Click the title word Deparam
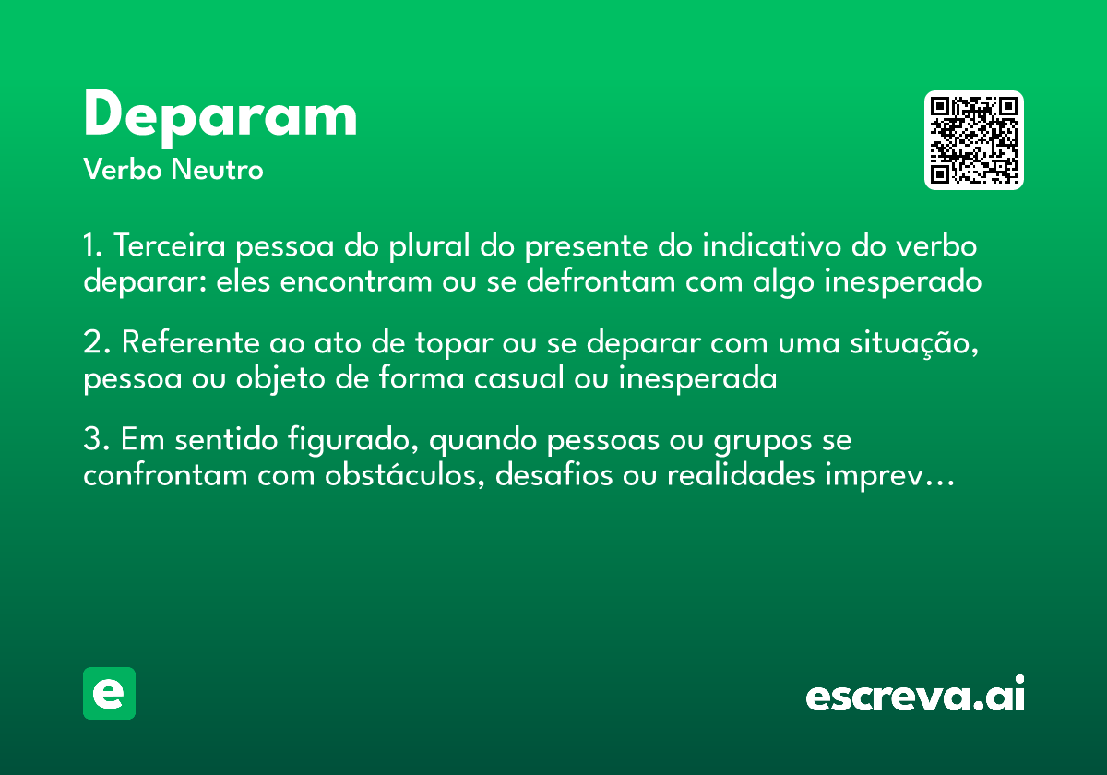click(x=220, y=117)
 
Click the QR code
click(x=974, y=140)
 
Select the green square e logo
click(x=109, y=693)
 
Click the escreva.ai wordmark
click(x=915, y=695)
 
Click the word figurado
click(x=348, y=442)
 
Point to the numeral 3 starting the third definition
click(x=91, y=442)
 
